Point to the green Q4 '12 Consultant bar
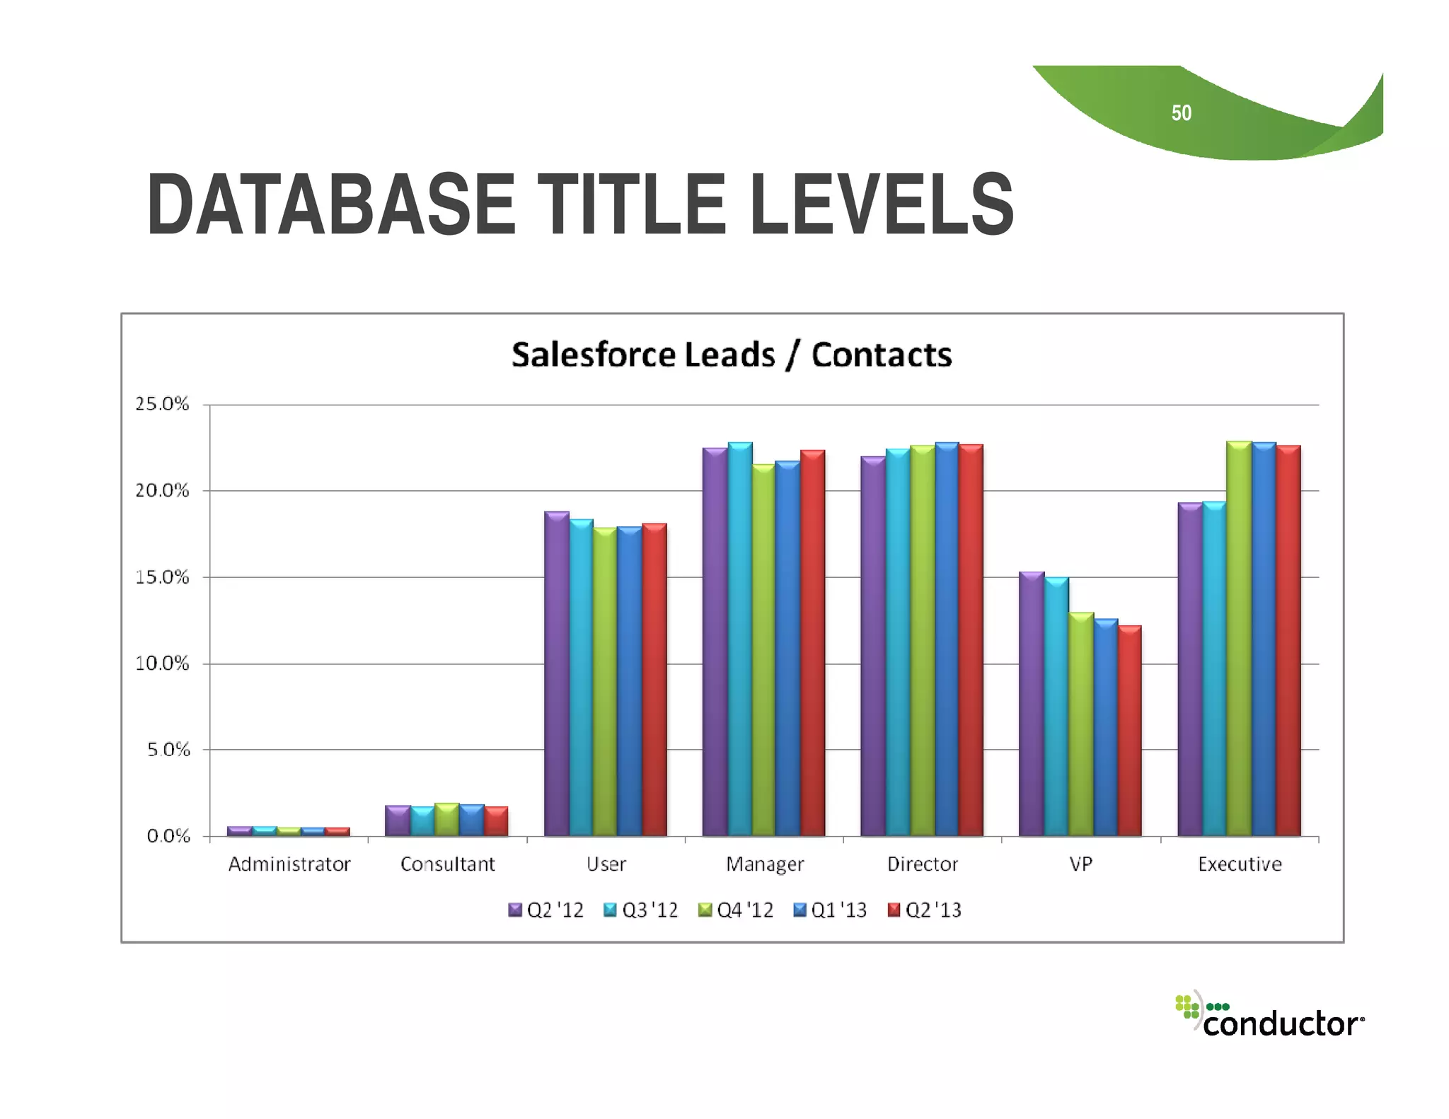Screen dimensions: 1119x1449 (x=446, y=820)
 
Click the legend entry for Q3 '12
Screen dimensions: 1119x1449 (x=641, y=910)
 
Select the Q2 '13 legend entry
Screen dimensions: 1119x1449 (x=925, y=910)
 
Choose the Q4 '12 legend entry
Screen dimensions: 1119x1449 (x=736, y=910)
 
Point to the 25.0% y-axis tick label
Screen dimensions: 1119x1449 (x=162, y=404)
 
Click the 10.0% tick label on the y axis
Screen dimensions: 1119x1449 (x=162, y=663)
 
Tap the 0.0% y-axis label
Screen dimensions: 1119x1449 (x=168, y=836)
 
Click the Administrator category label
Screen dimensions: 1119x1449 (x=289, y=864)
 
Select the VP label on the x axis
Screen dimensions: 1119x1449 (x=1080, y=864)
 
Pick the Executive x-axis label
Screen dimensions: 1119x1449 (x=1240, y=864)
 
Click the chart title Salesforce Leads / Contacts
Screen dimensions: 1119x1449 (x=732, y=354)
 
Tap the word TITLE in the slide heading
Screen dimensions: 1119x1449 (x=632, y=205)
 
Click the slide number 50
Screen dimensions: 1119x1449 (x=1181, y=113)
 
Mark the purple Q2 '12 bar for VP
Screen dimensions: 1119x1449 (x=1031, y=704)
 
